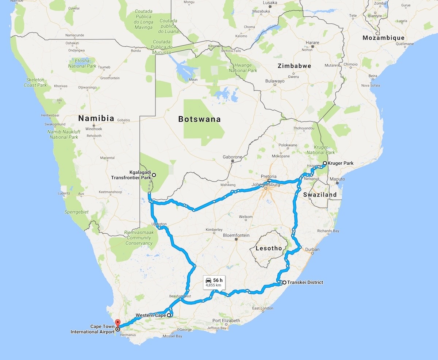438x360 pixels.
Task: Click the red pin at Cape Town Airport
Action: click(117, 322)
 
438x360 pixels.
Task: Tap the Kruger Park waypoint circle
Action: click(324, 163)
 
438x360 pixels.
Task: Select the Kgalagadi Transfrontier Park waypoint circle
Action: click(154, 175)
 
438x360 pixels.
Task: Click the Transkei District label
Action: click(305, 282)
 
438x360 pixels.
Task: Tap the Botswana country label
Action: click(199, 119)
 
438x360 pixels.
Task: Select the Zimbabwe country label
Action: click(294, 66)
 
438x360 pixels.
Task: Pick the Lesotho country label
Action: click(269, 248)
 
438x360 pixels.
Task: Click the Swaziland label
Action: click(320, 195)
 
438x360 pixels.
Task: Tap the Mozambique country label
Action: click(383, 38)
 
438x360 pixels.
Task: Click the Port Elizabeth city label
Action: click(226, 321)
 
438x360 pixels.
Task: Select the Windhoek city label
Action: click(93, 129)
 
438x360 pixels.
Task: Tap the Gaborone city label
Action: click(232, 157)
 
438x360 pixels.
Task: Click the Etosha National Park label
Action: click(82, 64)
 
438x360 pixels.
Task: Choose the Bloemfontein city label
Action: click(236, 235)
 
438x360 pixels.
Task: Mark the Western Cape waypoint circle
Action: click(169, 315)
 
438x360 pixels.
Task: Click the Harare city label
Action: click(312, 43)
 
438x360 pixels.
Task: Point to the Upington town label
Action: click(159, 224)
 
